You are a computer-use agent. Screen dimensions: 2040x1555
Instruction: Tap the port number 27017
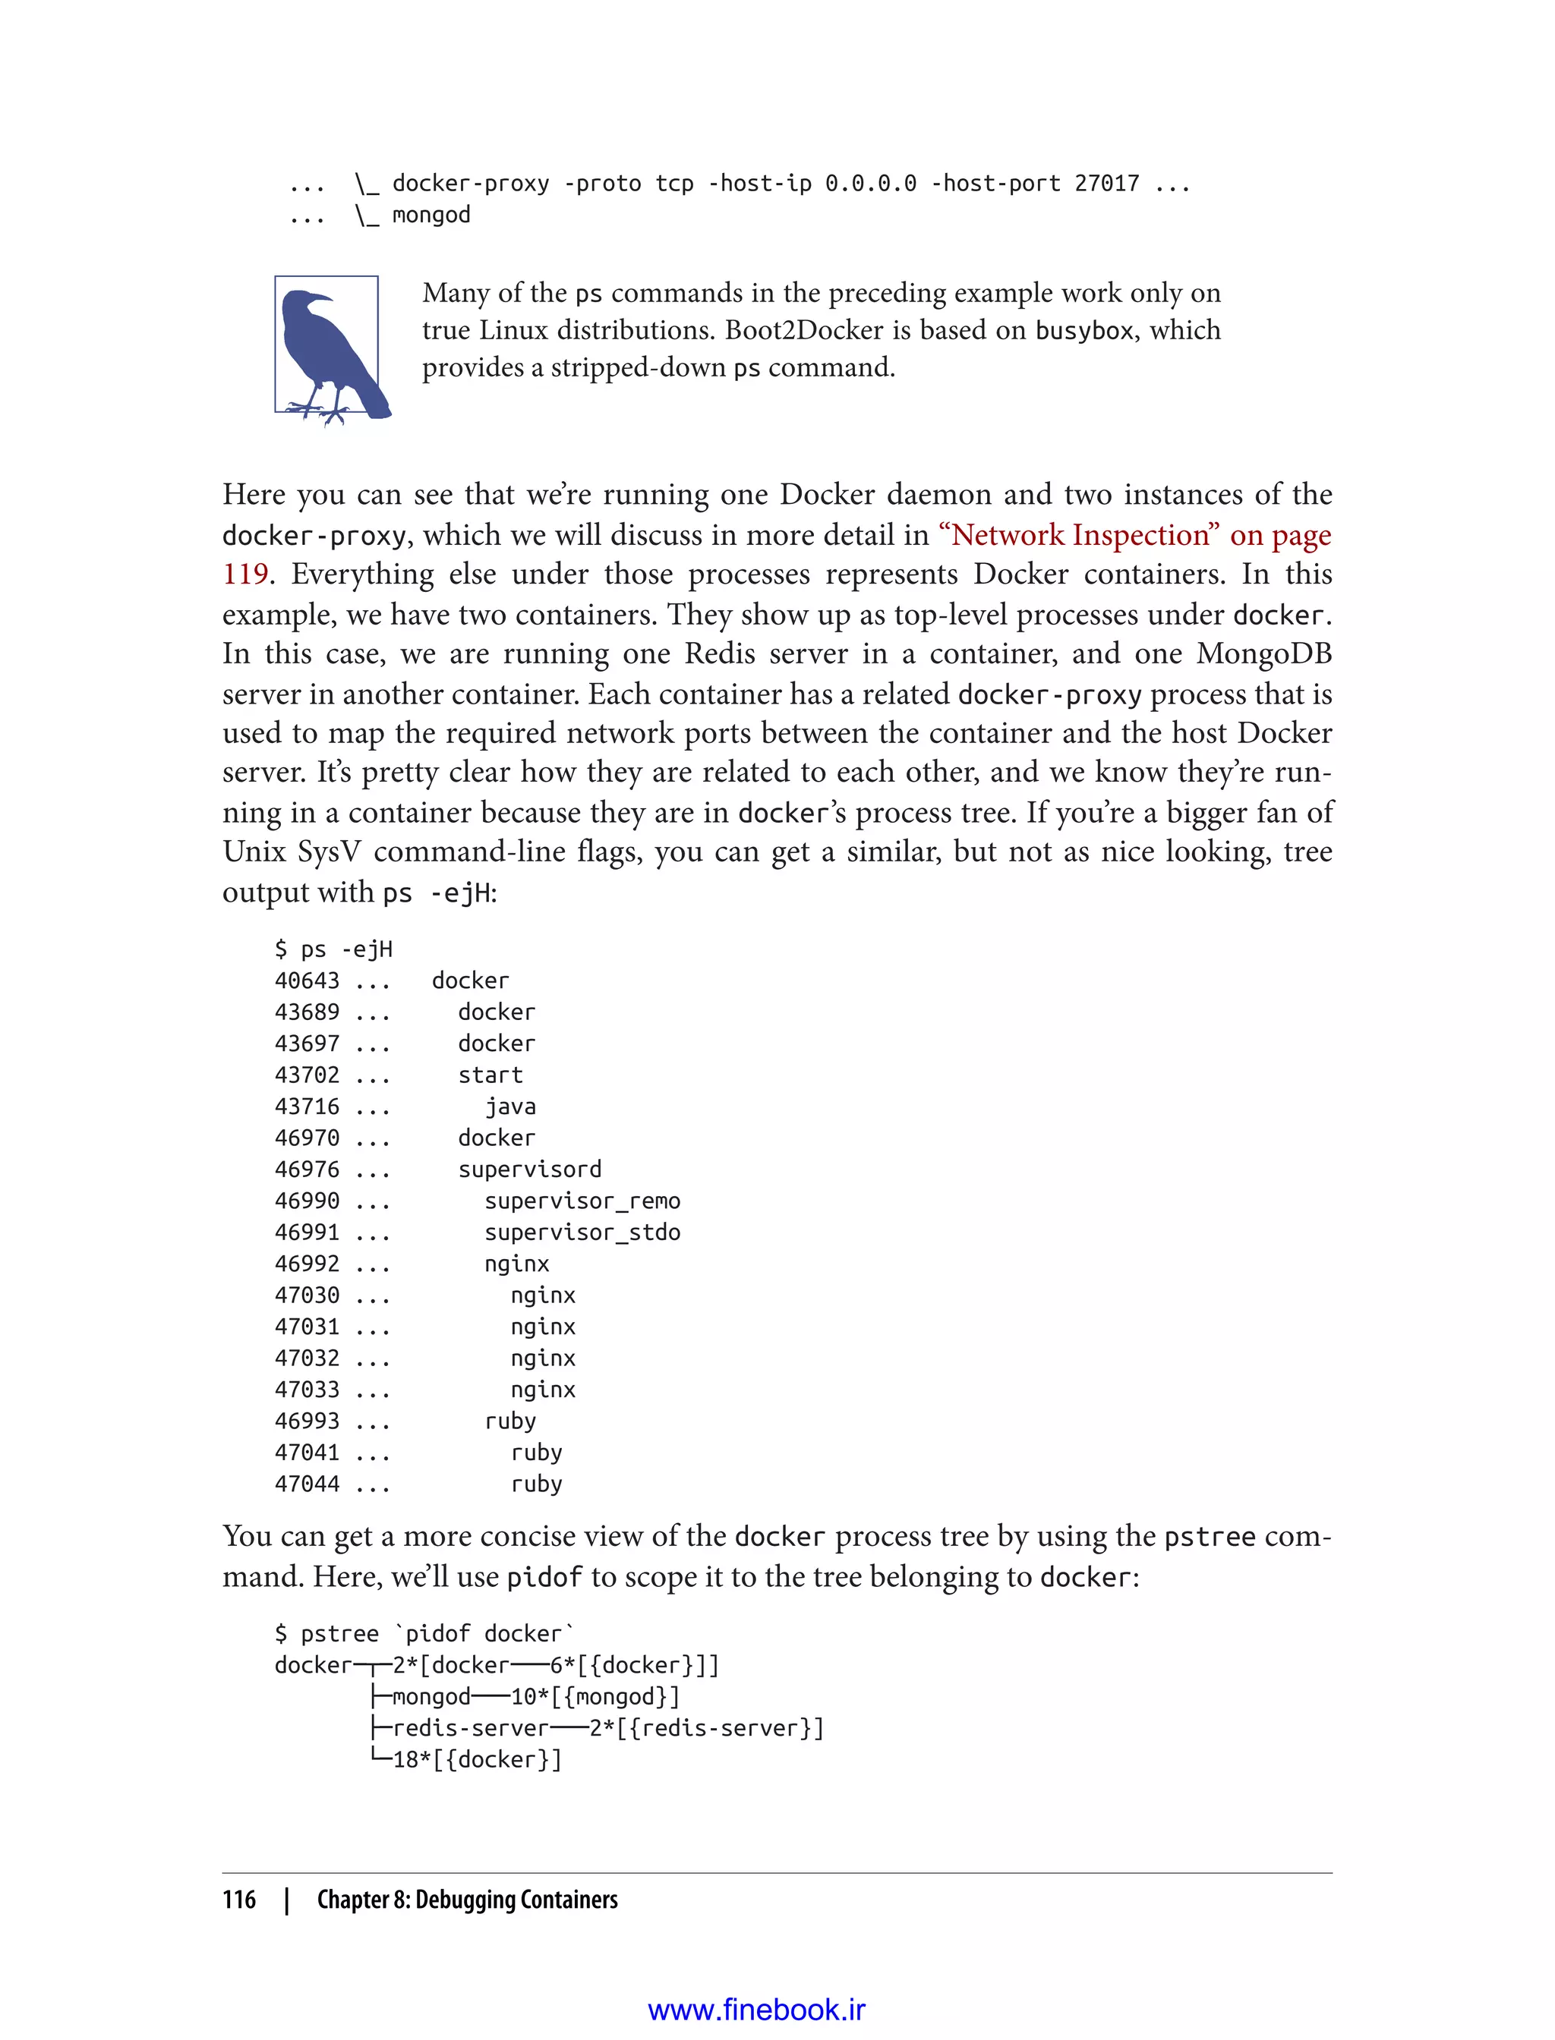click(1106, 183)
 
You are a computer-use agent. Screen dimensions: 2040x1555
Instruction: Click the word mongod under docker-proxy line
click(431, 215)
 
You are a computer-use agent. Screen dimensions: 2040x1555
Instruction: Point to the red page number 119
click(245, 575)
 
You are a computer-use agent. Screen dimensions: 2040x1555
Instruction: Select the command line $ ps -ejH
click(333, 949)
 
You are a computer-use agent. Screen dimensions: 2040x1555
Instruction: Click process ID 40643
click(307, 981)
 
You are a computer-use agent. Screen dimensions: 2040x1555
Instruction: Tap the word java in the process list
click(510, 1107)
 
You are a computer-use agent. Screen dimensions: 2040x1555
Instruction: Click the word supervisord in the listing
click(529, 1170)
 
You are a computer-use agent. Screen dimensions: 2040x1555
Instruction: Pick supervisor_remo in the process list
click(582, 1201)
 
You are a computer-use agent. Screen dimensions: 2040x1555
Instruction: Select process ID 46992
click(307, 1264)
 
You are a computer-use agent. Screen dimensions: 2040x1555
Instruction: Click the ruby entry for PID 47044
click(536, 1484)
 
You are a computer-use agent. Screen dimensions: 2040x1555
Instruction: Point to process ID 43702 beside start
click(307, 1075)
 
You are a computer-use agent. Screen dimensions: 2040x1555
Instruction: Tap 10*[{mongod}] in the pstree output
click(595, 1697)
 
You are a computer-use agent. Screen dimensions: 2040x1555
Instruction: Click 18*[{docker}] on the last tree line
click(477, 1760)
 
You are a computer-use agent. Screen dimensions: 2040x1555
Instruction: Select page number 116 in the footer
click(239, 1900)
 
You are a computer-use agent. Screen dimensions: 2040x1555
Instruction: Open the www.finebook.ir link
click(756, 2010)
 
